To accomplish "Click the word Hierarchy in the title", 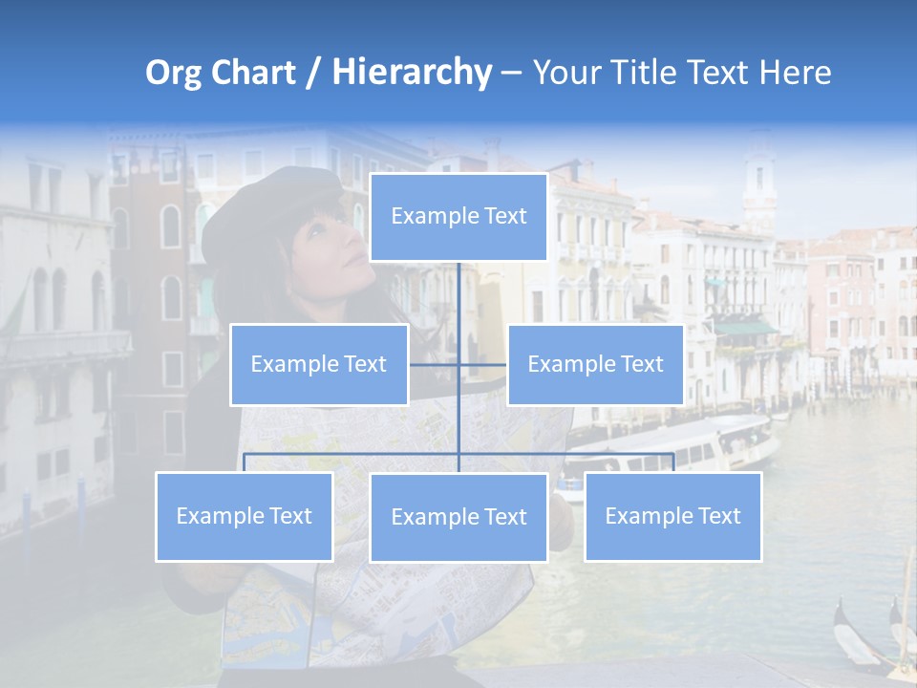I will click(x=411, y=73).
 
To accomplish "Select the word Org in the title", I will click(x=174, y=73).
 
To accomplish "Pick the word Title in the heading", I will click(x=645, y=73).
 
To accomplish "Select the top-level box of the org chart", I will click(x=458, y=217).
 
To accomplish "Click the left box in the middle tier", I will click(x=319, y=364).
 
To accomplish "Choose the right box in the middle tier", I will click(x=595, y=364).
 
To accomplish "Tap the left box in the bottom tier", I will click(x=245, y=516).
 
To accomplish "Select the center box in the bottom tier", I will click(x=458, y=517).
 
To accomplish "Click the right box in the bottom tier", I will click(x=672, y=516).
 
